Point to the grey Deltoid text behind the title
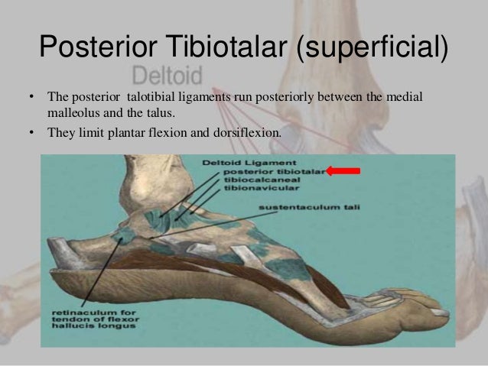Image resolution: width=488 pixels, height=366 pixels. tap(167, 76)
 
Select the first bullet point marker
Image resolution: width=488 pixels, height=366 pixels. tap(31, 99)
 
